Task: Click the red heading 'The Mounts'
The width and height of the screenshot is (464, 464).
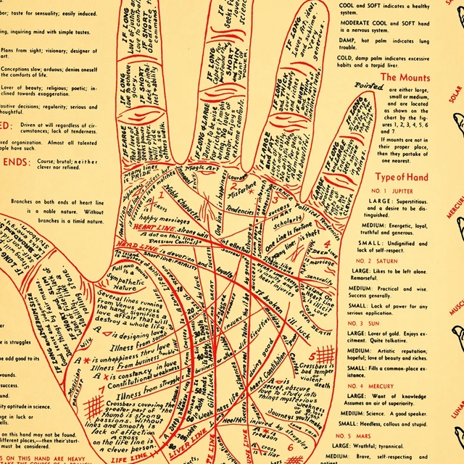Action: point(405,78)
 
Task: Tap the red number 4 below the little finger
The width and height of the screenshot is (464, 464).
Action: point(327,244)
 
